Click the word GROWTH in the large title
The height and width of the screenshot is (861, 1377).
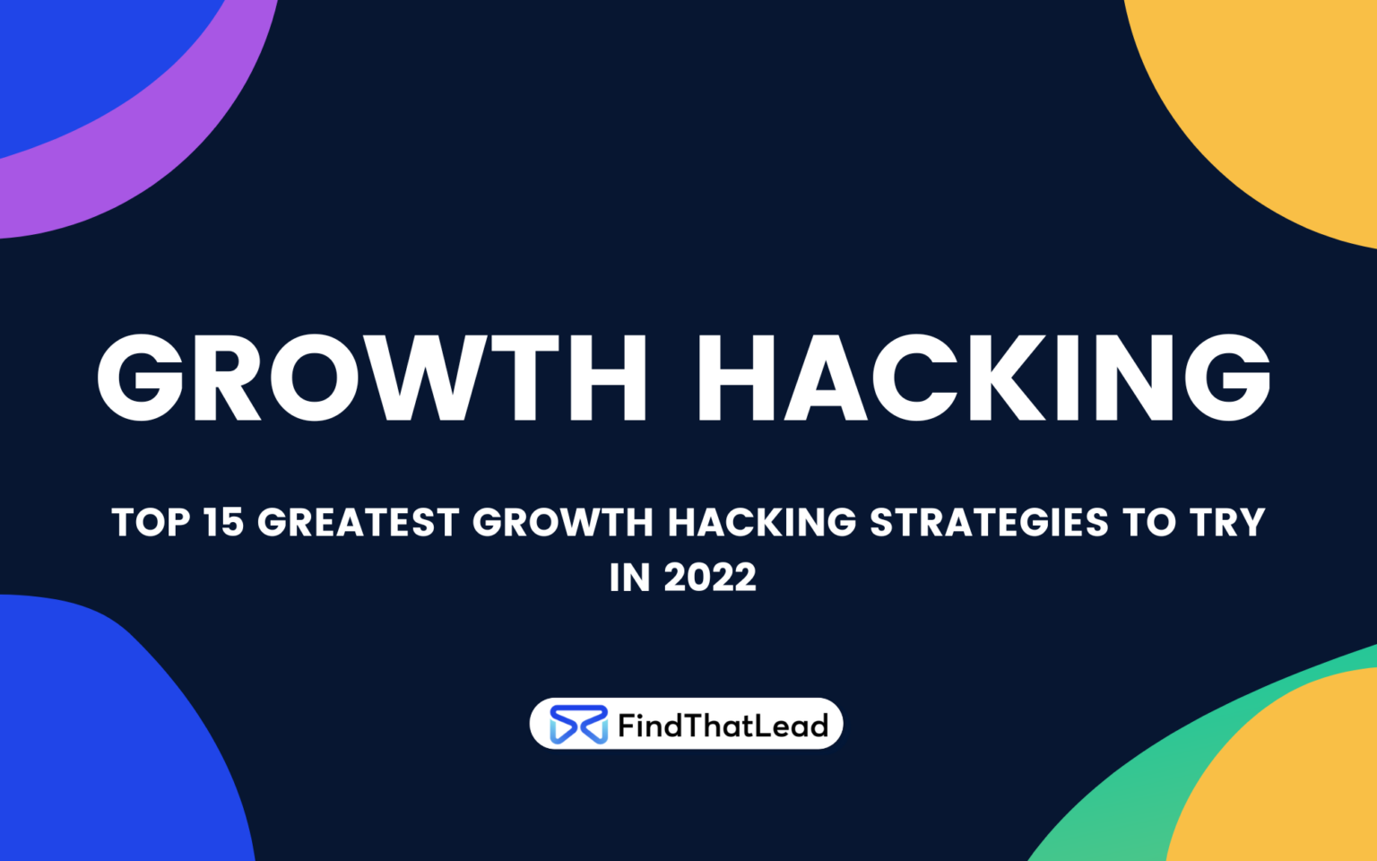coord(371,378)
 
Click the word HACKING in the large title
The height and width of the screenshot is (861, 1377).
coord(983,378)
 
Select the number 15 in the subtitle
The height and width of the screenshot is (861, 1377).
coord(223,523)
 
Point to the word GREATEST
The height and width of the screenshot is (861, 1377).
coord(359,523)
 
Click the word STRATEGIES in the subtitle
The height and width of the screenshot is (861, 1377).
coord(989,523)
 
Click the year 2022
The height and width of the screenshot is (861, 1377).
coord(710,578)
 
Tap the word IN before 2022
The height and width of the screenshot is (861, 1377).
coord(629,578)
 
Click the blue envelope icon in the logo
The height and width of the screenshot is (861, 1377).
coord(578,725)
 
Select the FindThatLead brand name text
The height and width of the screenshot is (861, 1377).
coord(723,726)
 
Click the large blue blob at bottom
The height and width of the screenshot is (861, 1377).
coord(99,735)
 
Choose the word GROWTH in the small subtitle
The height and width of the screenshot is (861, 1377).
coord(563,523)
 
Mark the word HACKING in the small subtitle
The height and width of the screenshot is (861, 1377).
coord(762,523)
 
